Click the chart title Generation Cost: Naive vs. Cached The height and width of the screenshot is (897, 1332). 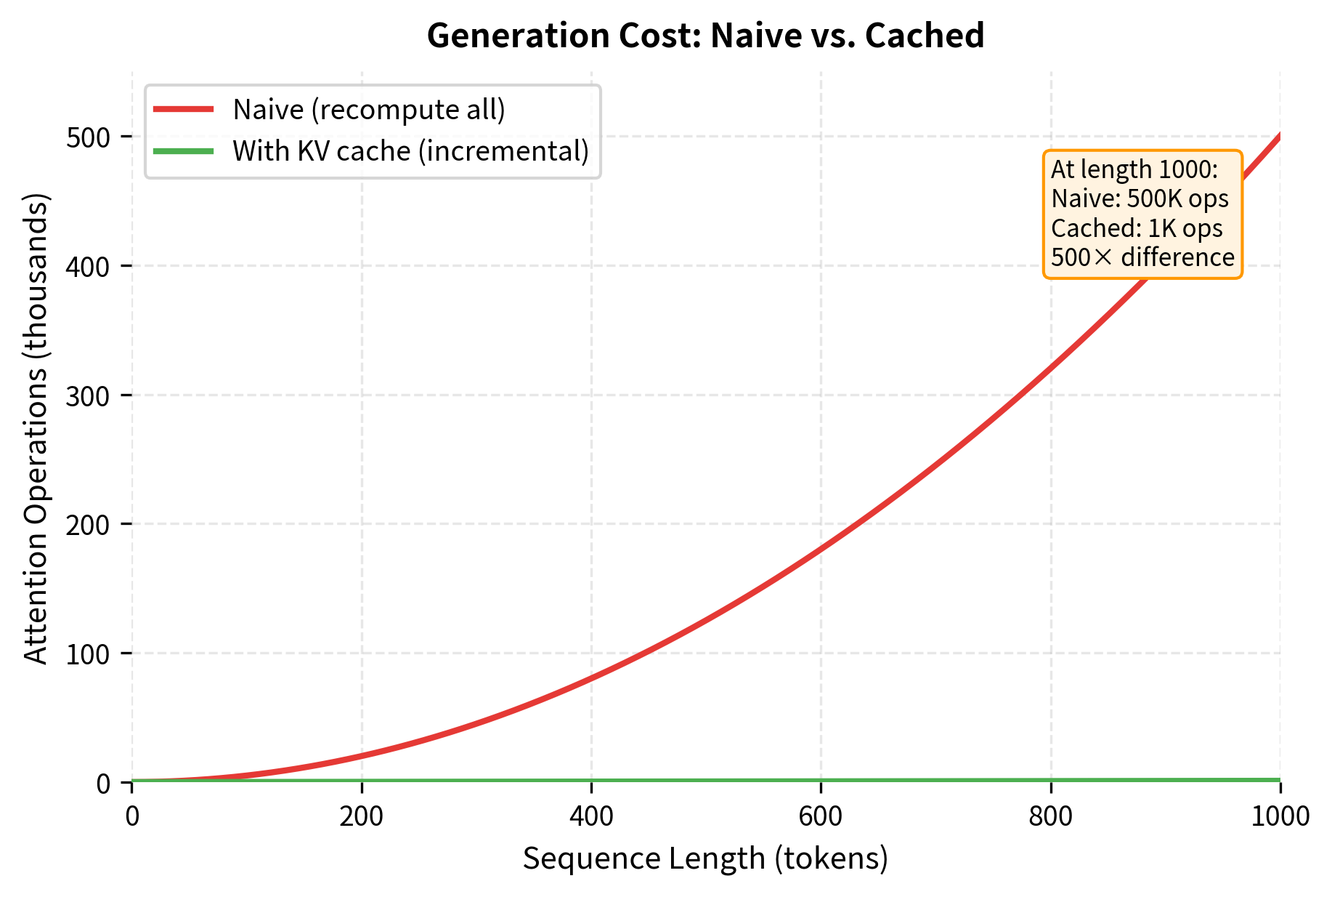click(705, 36)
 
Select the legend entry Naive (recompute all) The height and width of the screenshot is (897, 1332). click(369, 110)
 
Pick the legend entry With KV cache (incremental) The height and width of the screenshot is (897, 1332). click(411, 151)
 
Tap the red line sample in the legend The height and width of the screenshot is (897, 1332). click(184, 110)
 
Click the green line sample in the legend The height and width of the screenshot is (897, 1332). click(184, 151)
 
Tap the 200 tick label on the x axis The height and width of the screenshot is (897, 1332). click(362, 816)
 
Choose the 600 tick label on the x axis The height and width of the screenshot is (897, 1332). click(821, 816)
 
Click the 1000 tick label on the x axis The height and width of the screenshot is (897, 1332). click(1280, 816)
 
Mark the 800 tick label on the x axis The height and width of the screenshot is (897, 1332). click(1050, 816)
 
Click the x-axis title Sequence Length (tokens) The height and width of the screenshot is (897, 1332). click(705, 858)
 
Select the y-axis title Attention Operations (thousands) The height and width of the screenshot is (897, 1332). click(36, 429)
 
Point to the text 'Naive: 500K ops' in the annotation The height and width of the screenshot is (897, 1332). click(1140, 199)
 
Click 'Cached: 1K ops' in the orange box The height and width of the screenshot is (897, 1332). click(1137, 228)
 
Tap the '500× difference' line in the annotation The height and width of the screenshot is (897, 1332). click(1142, 257)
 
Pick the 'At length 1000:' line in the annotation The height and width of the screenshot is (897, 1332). click(1134, 169)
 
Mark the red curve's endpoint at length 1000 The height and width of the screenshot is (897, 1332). click(1279, 136)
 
